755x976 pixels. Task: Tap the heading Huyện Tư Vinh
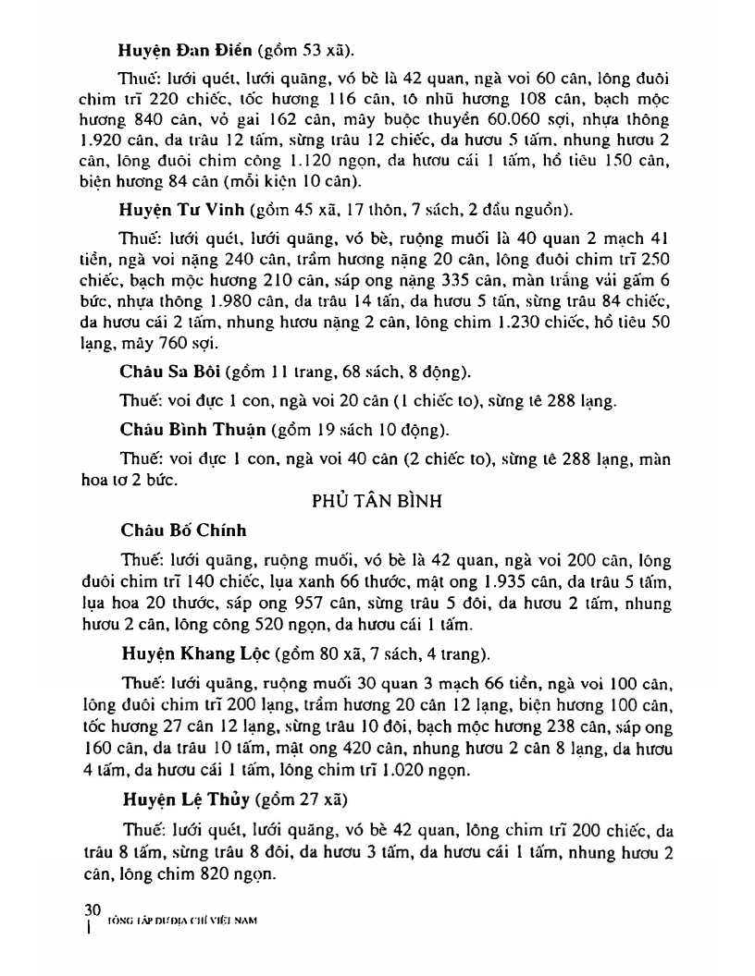[x=176, y=228]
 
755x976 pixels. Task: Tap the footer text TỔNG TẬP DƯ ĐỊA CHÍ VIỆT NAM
[x=180, y=921]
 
